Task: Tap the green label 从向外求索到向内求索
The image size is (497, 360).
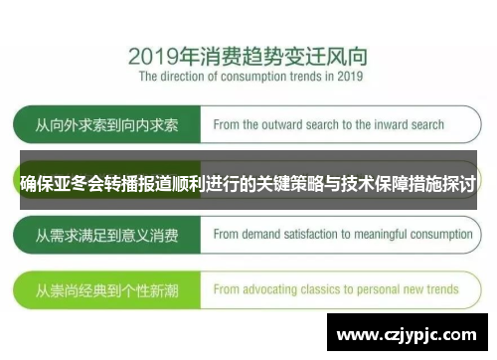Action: point(107,126)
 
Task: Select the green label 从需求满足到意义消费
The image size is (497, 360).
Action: point(107,236)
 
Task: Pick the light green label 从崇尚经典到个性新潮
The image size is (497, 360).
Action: point(107,289)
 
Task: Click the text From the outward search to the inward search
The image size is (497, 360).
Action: point(329,126)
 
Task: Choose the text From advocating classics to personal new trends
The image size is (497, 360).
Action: point(336,289)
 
